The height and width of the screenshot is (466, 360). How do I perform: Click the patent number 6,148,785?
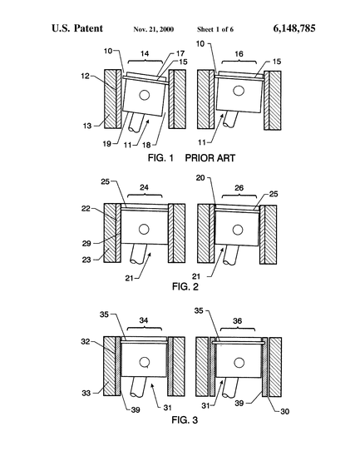pyautogui.click(x=294, y=28)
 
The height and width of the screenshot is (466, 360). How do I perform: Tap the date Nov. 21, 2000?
pyautogui.click(x=154, y=29)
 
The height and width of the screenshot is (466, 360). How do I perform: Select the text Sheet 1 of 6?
pyautogui.click(x=215, y=29)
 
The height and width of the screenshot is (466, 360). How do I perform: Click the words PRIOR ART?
pyautogui.click(x=210, y=158)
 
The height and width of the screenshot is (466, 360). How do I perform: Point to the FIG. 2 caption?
pyautogui.click(x=185, y=286)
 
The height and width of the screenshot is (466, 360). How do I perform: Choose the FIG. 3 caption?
pyautogui.click(x=185, y=420)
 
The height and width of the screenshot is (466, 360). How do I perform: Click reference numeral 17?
pyautogui.click(x=180, y=53)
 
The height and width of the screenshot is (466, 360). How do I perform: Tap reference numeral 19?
pyautogui.click(x=107, y=144)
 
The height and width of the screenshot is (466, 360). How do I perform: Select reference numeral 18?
pyautogui.click(x=146, y=145)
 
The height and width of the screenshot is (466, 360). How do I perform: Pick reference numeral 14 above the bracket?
pyautogui.click(x=145, y=54)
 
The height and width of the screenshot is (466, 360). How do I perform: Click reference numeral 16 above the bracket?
pyautogui.click(x=239, y=54)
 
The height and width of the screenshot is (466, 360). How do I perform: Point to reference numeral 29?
pyautogui.click(x=86, y=244)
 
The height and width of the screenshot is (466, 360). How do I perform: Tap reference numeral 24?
pyautogui.click(x=145, y=187)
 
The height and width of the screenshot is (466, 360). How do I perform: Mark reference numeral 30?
pyautogui.click(x=285, y=412)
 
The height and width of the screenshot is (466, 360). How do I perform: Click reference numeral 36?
pyautogui.click(x=237, y=321)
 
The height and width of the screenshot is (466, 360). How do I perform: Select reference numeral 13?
pyautogui.click(x=87, y=126)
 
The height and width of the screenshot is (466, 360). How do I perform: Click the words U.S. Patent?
pyautogui.click(x=77, y=28)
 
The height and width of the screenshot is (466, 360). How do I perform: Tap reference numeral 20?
pyautogui.click(x=200, y=178)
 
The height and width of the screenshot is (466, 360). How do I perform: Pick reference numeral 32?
pyautogui.click(x=86, y=342)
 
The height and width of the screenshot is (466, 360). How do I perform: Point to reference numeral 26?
pyautogui.click(x=239, y=188)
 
